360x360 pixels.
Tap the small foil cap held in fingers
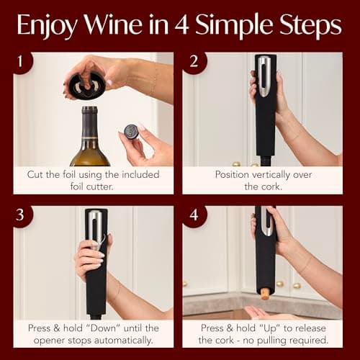pyautogui.click(x=130, y=131)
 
